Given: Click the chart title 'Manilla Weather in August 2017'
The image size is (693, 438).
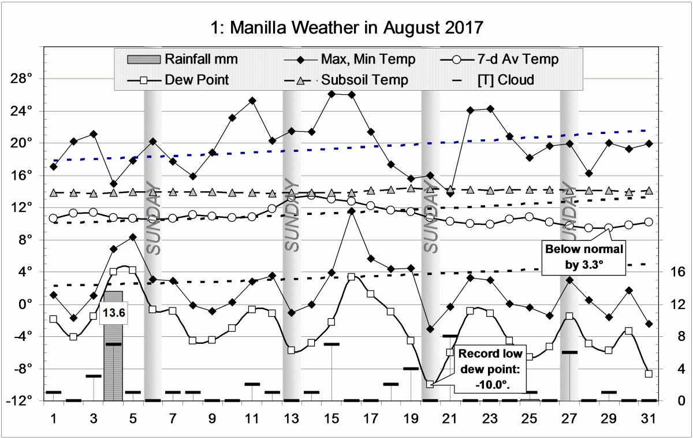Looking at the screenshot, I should [346, 27].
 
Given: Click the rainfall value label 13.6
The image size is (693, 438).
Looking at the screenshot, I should [114, 313].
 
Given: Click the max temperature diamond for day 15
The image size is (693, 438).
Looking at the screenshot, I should [332, 94].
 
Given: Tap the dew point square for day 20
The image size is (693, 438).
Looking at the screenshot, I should [430, 384].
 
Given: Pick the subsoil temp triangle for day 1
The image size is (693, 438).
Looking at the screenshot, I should [54, 192].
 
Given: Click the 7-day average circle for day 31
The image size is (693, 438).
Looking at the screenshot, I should [649, 222].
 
